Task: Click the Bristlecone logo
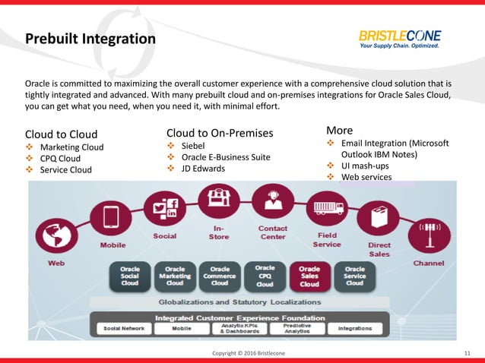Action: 400,39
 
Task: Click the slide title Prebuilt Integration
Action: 90,38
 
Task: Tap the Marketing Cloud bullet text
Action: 71,147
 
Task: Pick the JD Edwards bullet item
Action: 203,169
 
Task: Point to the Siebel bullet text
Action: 196,145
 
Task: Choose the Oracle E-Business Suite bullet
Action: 226,157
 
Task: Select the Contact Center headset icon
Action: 272,201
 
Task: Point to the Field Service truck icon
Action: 325,208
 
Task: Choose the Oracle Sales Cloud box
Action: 309,277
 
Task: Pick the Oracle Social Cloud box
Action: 130,277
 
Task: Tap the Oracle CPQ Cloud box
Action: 265,277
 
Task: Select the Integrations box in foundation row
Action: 355,329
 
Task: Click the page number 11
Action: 467,354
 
